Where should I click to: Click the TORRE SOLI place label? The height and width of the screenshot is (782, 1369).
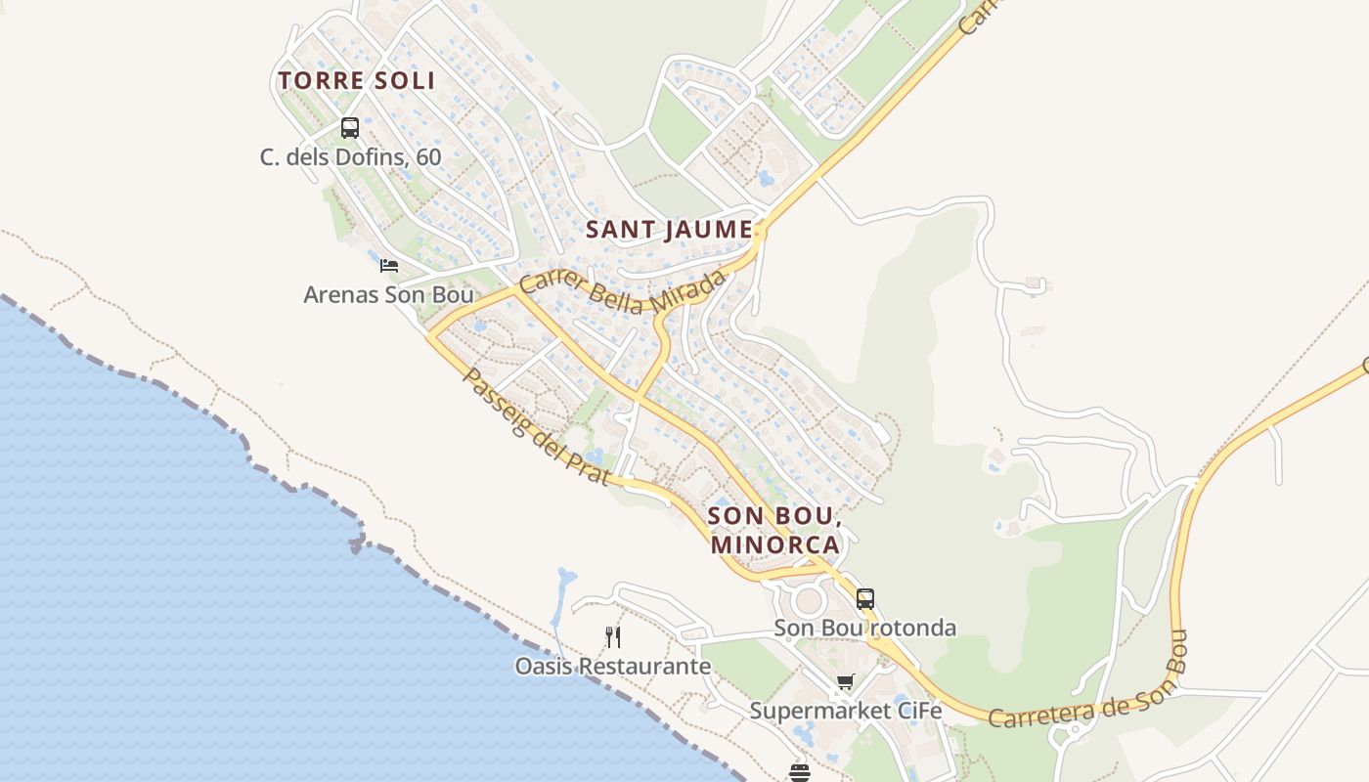click(356, 81)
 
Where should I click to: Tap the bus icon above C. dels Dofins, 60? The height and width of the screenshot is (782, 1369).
click(350, 128)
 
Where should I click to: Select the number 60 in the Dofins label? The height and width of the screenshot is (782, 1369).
click(427, 157)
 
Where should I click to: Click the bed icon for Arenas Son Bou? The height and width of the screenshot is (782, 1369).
click(389, 265)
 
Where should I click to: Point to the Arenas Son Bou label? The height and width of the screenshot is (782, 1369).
click(388, 294)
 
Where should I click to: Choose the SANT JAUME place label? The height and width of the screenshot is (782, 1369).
click(669, 231)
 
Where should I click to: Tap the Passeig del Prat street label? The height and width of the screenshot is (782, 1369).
click(535, 428)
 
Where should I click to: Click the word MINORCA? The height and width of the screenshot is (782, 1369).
click(775, 544)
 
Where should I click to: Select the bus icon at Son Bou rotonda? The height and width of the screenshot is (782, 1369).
click(865, 599)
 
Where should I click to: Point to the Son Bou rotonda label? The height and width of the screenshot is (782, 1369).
click(864, 628)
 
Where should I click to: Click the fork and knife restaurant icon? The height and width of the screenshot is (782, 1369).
click(613, 637)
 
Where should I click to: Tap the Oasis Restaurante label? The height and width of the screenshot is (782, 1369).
click(613, 667)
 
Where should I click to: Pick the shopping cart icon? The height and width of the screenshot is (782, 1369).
click(845, 682)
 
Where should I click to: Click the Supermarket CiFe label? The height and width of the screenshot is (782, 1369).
click(846, 711)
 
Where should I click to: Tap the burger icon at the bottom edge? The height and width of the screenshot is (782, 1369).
click(800, 773)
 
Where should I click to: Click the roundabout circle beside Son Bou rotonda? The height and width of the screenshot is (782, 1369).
click(809, 599)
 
